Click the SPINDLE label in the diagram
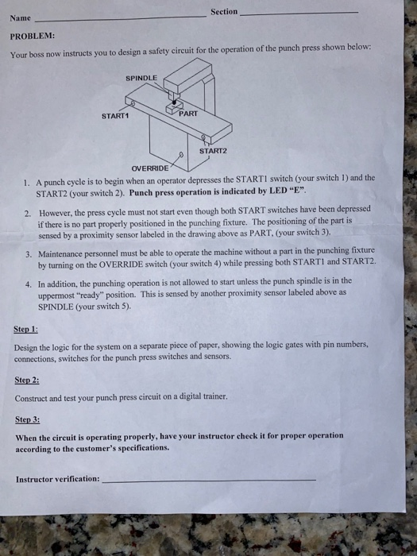(x=141, y=78)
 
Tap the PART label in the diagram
(x=188, y=114)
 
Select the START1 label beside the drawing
(x=114, y=117)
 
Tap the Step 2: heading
(x=27, y=380)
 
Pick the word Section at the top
(x=224, y=11)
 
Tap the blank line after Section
(x=298, y=12)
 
